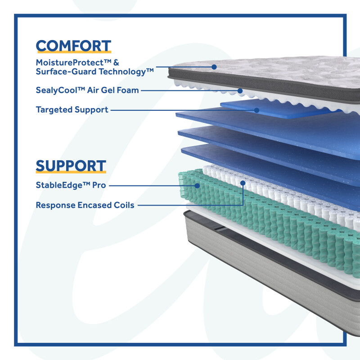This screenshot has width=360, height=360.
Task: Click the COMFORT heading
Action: (73, 46)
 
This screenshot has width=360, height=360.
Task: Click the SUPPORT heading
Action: (71, 166)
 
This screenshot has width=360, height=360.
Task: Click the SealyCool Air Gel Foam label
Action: (87, 90)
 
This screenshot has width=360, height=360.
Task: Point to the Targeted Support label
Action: (72, 109)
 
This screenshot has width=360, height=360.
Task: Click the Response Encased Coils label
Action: (85, 205)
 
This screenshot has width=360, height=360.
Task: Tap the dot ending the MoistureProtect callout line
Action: (214, 67)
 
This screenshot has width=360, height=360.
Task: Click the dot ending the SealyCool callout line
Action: (240, 90)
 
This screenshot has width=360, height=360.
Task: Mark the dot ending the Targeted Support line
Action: (256, 109)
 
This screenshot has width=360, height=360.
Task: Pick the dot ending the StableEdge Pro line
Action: (197, 184)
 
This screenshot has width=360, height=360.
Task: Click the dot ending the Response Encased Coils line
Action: (243, 183)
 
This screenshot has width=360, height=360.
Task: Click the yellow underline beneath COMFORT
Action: (73, 53)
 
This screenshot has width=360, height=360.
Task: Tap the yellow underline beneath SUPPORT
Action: (71, 172)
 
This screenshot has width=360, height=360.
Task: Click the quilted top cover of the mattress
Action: (279, 72)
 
